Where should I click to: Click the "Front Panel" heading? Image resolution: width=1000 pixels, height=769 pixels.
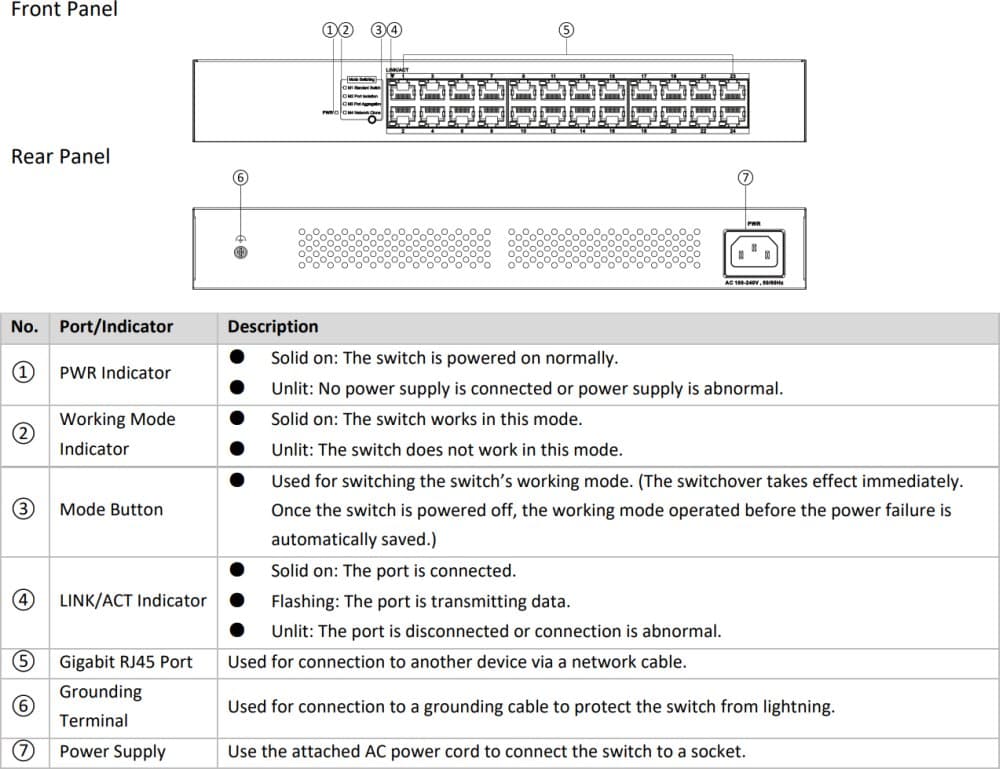point(63,10)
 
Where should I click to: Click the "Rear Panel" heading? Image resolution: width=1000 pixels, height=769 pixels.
point(60,157)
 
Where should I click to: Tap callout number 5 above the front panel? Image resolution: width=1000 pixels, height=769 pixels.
point(566,30)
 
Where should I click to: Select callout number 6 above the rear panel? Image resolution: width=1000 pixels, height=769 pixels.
point(239,177)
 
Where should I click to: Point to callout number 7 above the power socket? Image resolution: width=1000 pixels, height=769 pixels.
point(744,177)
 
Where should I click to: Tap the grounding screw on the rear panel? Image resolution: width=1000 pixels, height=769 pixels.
point(240,252)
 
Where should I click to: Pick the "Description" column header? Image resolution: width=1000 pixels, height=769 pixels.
point(273,327)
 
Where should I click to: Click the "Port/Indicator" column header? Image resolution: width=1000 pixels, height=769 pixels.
point(116,327)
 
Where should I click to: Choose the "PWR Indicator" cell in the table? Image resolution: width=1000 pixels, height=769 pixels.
point(115,373)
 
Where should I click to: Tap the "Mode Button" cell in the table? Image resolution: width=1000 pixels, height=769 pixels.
point(111,509)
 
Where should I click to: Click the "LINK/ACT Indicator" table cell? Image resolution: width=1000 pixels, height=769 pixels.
point(133,600)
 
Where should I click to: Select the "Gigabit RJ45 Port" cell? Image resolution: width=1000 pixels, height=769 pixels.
point(126,662)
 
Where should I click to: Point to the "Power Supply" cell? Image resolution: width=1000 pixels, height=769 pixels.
point(112,752)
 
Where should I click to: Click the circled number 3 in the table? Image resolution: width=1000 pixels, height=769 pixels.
point(22,509)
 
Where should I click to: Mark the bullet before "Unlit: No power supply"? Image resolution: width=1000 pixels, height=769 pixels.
point(237,388)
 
